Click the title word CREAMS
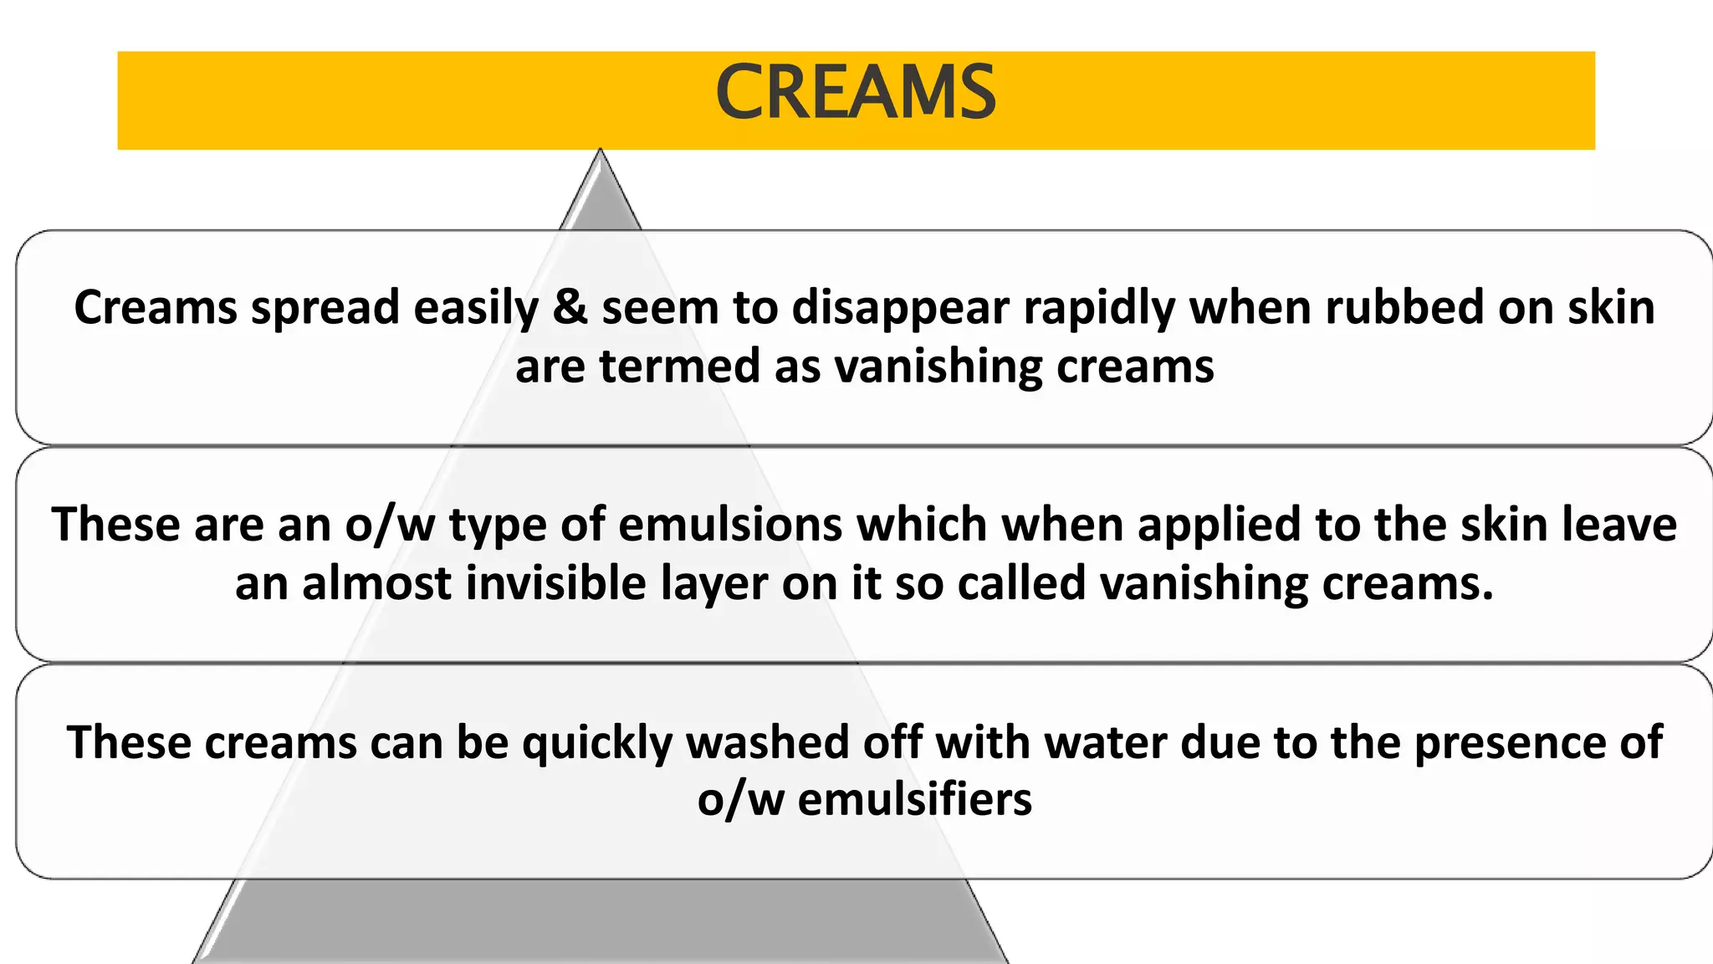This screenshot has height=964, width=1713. [856, 93]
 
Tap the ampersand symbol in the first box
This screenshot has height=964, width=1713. [570, 307]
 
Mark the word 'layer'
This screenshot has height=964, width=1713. [713, 584]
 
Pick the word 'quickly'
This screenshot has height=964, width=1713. [597, 743]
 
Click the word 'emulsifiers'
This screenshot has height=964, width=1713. [914, 799]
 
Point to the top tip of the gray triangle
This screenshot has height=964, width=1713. [600, 151]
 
